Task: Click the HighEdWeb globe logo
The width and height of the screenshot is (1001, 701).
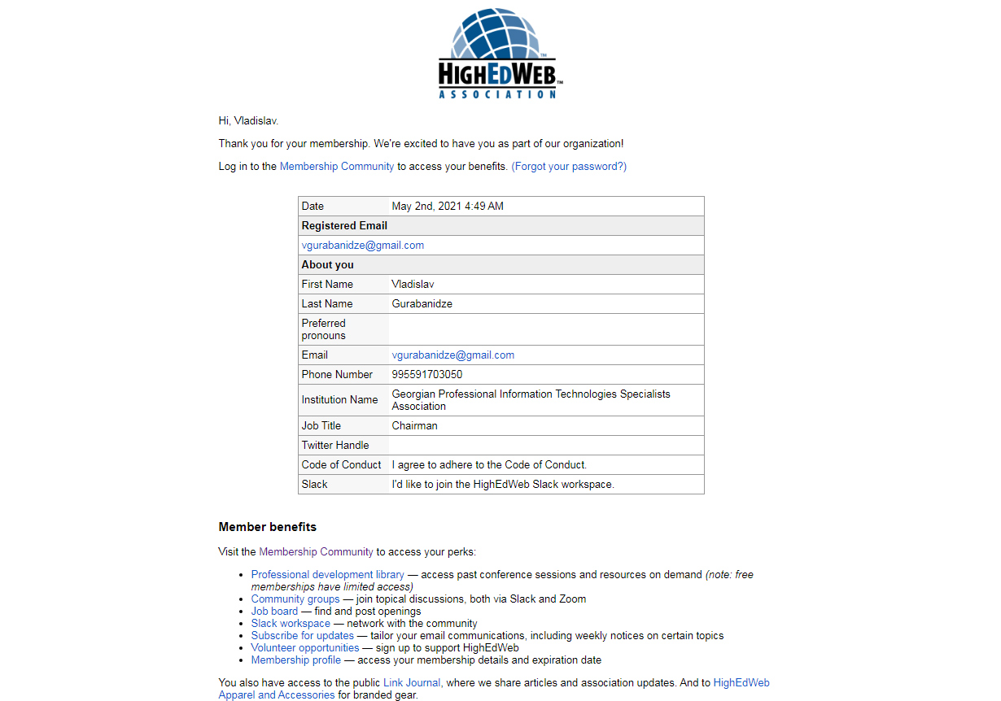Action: pos(499,54)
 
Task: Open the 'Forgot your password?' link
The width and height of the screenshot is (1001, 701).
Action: pos(569,167)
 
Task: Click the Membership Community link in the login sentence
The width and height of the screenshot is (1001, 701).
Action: pos(337,167)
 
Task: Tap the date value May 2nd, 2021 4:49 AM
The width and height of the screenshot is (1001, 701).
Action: pos(448,207)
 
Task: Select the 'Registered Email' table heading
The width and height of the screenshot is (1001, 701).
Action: pos(344,226)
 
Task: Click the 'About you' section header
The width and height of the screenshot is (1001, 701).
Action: pos(327,265)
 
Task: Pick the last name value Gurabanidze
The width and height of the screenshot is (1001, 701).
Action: pos(422,304)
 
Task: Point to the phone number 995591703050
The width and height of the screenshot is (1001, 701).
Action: pos(426,375)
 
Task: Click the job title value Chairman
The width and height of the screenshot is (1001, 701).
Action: pos(414,426)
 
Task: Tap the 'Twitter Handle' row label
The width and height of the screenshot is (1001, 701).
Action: pos(335,446)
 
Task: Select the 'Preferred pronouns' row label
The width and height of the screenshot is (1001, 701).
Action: pos(324,329)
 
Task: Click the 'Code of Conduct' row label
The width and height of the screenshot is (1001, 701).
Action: pos(341,465)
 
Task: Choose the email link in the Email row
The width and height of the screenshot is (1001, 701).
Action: pos(452,355)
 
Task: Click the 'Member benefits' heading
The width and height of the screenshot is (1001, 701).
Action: pos(268,527)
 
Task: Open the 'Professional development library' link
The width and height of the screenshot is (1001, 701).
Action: pos(327,575)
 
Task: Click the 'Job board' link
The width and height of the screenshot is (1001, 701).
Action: pos(274,612)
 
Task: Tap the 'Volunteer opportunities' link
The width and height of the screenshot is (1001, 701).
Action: pos(305,648)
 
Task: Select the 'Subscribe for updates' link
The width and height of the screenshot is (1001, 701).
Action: pos(303,636)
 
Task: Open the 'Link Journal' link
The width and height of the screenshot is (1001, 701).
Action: pos(412,683)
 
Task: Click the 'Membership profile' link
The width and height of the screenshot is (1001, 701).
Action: pos(296,660)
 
